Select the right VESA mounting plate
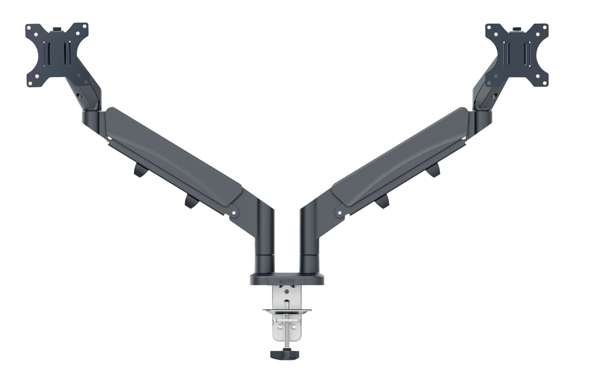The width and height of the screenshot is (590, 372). click(x=517, y=55)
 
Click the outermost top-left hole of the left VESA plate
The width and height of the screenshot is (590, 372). click(x=29, y=27)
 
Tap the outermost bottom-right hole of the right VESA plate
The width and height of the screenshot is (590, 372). click(x=544, y=83)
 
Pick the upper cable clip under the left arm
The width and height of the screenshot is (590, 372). click(x=140, y=170)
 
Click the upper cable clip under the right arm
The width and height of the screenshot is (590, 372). click(x=433, y=170)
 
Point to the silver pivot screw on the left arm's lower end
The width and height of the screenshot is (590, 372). click(x=235, y=213)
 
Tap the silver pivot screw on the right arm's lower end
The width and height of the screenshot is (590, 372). click(x=339, y=213)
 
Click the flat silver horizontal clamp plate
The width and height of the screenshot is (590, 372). click(x=287, y=310)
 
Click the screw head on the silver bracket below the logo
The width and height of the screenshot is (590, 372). click(x=287, y=291)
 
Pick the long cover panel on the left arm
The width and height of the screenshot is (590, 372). click(x=172, y=156)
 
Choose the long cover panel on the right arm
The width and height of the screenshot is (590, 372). click(x=401, y=156)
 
